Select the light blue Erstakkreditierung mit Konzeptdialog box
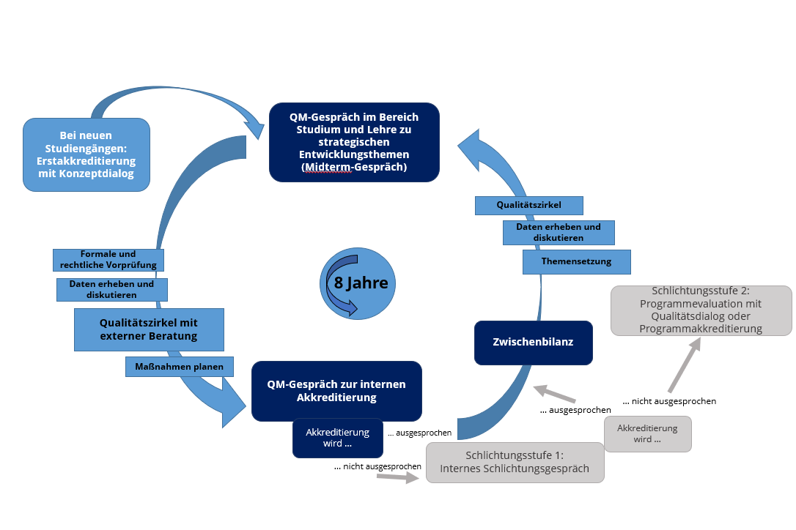pyautogui.click(x=86, y=154)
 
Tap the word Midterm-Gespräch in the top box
pyautogui.click(x=354, y=167)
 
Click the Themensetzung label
pyautogui.click(x=577, y=261)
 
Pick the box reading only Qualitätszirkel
pyautogui.click(x=528, y=206)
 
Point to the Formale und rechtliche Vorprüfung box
pyautogui.click(x=108, y=259)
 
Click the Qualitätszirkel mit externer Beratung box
pyautogui.click(x=149, y=329)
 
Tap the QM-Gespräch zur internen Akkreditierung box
pyautogui.click(x=336, y=390)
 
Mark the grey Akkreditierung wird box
pyautogui.click(x=647, y=433)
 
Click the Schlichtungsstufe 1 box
pyautogui.click(x=515, y=462)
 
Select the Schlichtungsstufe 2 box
pyautogui.click(x=701, y=310)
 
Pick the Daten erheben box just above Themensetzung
pyautogui.click(x=559, y=232)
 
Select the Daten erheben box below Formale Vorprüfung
pyautogui.click(x=112, y=289)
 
